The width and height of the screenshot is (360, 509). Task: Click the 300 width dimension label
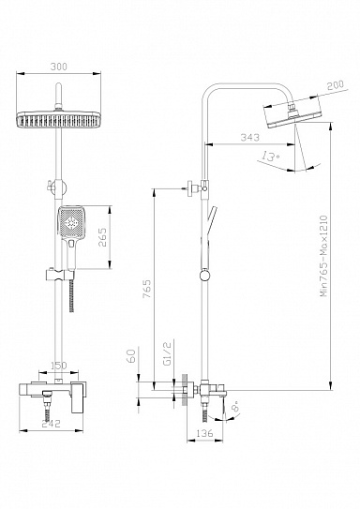[x=59, y=67]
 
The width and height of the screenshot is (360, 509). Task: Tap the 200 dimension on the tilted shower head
[x=335, y=85]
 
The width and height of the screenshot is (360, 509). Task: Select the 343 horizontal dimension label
[x=250, y=137]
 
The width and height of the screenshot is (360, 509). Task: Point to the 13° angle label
[x=271, y=157]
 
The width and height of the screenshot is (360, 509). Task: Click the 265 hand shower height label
[x=102, y=237]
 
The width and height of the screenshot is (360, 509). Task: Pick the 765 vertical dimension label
[x=147, y=290]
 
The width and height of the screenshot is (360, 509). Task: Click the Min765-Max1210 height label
[x=324, y=256]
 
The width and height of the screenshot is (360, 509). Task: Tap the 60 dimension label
[x=130, y=356]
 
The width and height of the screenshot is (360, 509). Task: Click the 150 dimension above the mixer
[x=58, y=366]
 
